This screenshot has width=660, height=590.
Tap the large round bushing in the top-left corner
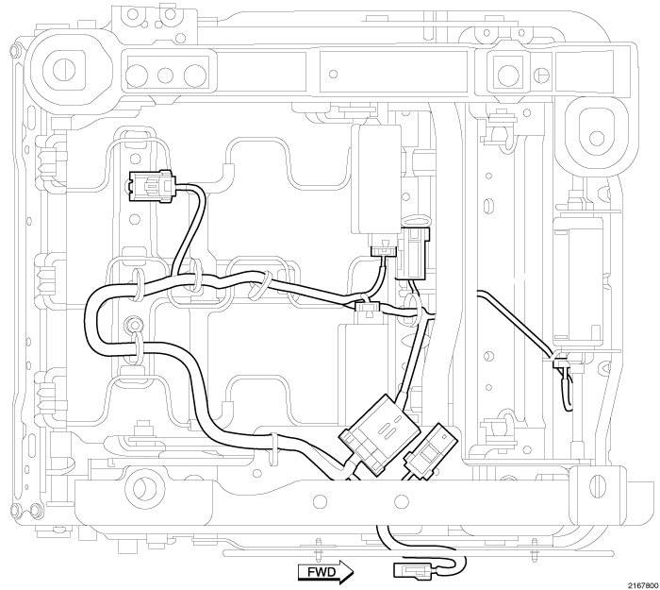tap(65, 68)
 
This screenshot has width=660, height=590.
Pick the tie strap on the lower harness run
tap(273, 445)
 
